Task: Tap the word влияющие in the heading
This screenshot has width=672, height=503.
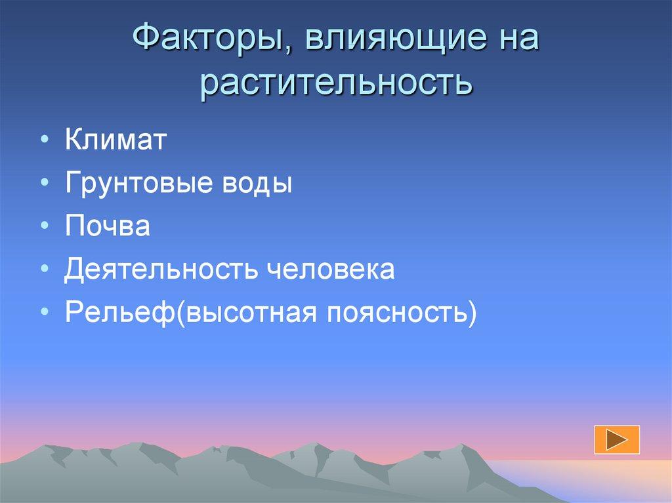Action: click(392, 41)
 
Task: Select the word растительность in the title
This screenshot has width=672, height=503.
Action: click(336, 85)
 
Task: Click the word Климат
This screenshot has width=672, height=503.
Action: click(116, 140)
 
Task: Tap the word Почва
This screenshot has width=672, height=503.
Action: click(108, 226)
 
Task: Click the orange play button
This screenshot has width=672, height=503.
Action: click(616, 439)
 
